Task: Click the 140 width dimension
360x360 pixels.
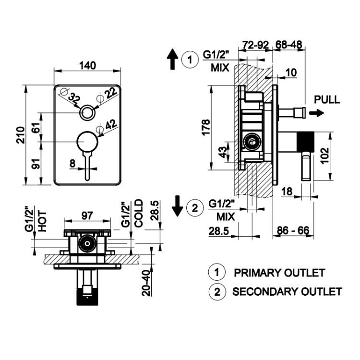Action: [87, 65]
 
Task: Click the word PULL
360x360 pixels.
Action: [327, 100]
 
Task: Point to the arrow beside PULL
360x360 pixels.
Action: [316, 113]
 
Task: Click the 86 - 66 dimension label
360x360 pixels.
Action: [293, 231]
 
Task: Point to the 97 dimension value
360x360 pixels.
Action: [87, 216]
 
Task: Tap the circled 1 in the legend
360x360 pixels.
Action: [216, 272]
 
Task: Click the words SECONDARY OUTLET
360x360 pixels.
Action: [287, 291]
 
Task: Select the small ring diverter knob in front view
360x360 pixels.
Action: [87, 113]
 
